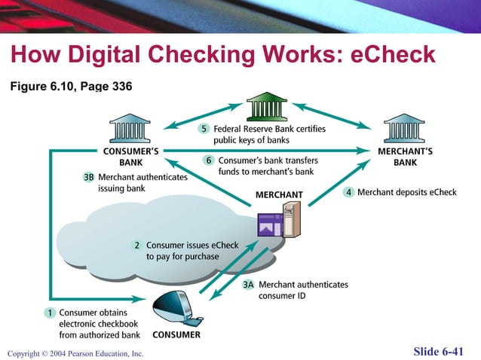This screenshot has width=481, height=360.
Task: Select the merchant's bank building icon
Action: pos(403,127)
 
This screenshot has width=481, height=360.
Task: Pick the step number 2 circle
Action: pos(136,246)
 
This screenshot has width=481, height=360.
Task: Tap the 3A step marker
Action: pos(248,285)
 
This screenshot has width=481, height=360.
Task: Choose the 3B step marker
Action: pos(89,178)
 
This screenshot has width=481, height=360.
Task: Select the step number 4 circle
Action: pos(348,192)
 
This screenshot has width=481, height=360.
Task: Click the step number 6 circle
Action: pos(209,160)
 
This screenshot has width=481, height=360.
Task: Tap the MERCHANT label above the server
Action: pos(279,195)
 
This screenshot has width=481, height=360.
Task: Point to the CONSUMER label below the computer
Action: pos(176,334)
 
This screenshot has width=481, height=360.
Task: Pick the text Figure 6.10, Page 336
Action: pos(71,87)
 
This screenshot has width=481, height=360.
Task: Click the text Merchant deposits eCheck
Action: pos(406,192)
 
